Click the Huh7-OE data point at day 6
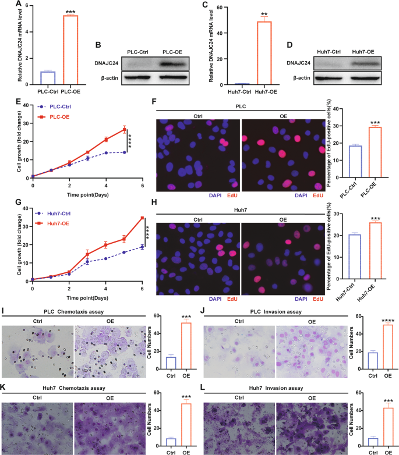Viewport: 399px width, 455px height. pos(142,218)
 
